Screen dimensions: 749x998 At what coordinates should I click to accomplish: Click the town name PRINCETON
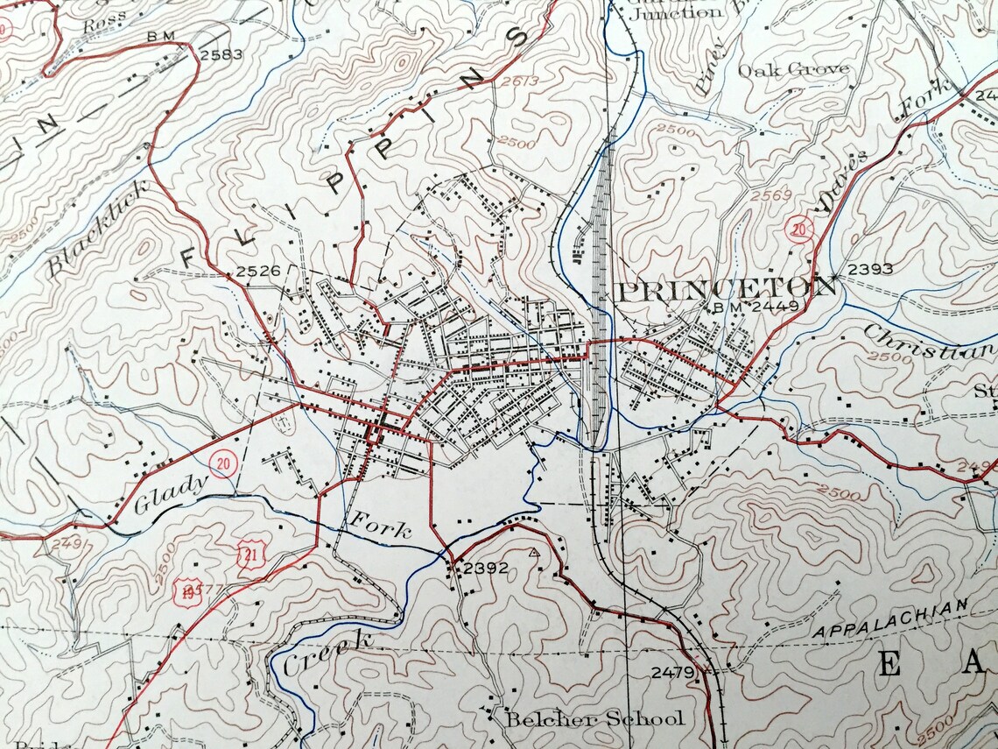(x=727, y=288)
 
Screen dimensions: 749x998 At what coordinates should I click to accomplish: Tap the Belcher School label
(x=594, y=719)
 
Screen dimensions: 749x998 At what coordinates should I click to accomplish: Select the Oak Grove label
(x=793, y=69)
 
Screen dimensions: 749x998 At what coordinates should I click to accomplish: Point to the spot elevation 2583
(x=221, y=54)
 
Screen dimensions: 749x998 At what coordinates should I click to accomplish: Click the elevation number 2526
(x=258, y=271)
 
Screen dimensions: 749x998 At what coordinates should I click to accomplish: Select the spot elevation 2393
(x=870, y=268)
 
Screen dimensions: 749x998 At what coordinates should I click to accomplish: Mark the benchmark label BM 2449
(x=744, y=307)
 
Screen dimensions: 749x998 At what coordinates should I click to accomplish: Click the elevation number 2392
(x=486, y=568)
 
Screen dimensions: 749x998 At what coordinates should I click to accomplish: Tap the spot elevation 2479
(x=672, y=672)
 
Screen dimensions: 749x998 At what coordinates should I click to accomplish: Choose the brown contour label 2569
(x=770, y=194)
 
